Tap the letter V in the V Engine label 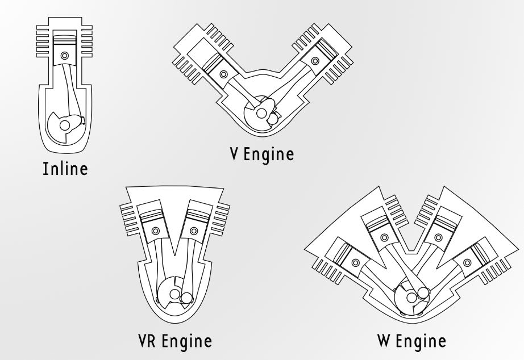tap(235, 154)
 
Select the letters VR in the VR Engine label tap(147, 341)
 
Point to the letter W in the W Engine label tap(385, 341)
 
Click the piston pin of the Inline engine tap(64, 55)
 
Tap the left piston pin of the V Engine tap(223, 74)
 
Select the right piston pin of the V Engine tap(315, 61)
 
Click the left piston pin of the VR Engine tap(155, 231)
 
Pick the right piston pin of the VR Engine tap(193, 231)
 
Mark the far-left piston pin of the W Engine tap(355, 263)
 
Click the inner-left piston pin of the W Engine tap(384, 237)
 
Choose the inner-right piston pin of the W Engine tap(438, 237)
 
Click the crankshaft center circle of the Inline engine tap(64, 125)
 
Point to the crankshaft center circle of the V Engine tap(261, 114)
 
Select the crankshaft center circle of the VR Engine tap(174, 294)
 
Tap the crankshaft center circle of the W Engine tap(411, 296)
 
